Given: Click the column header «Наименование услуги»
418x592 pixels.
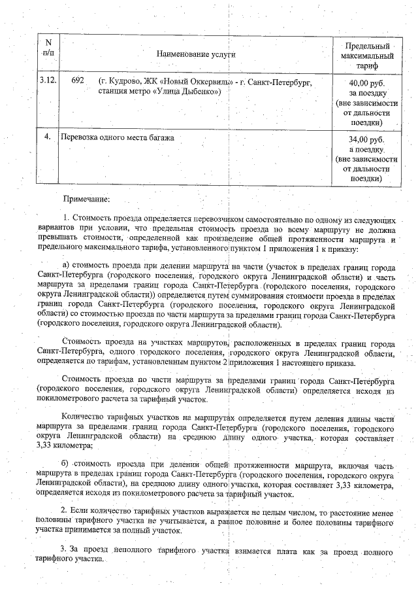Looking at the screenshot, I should (195, 56).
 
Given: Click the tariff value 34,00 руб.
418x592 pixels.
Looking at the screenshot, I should (366, 140).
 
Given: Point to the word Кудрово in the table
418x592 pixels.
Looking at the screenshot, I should (122, 81).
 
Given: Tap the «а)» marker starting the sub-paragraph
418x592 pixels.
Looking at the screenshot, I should (66, 266).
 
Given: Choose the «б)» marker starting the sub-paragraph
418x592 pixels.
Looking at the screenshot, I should (66, 464).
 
